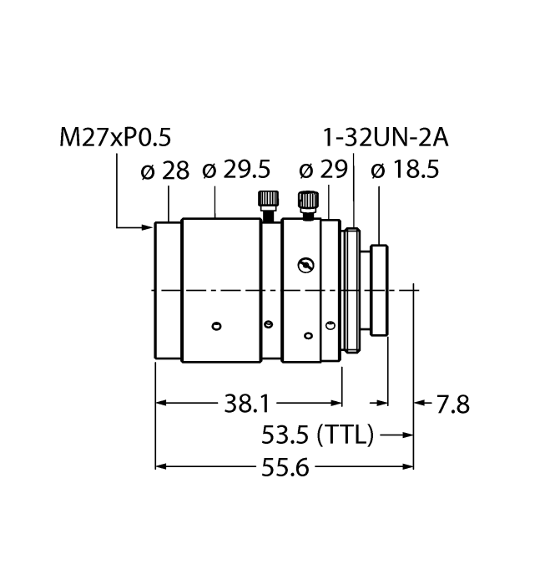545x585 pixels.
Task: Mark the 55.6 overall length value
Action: click(x=285, y=467)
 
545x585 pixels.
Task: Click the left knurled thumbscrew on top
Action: click(x=268, y=201)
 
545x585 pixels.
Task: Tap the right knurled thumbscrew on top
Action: click(x=307, y=201)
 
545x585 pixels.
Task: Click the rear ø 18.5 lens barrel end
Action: click(x=381, y=289)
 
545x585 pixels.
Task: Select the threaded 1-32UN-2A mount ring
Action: click(x=354, y=289)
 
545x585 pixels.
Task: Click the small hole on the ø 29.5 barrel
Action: click(x=216, y=325)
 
